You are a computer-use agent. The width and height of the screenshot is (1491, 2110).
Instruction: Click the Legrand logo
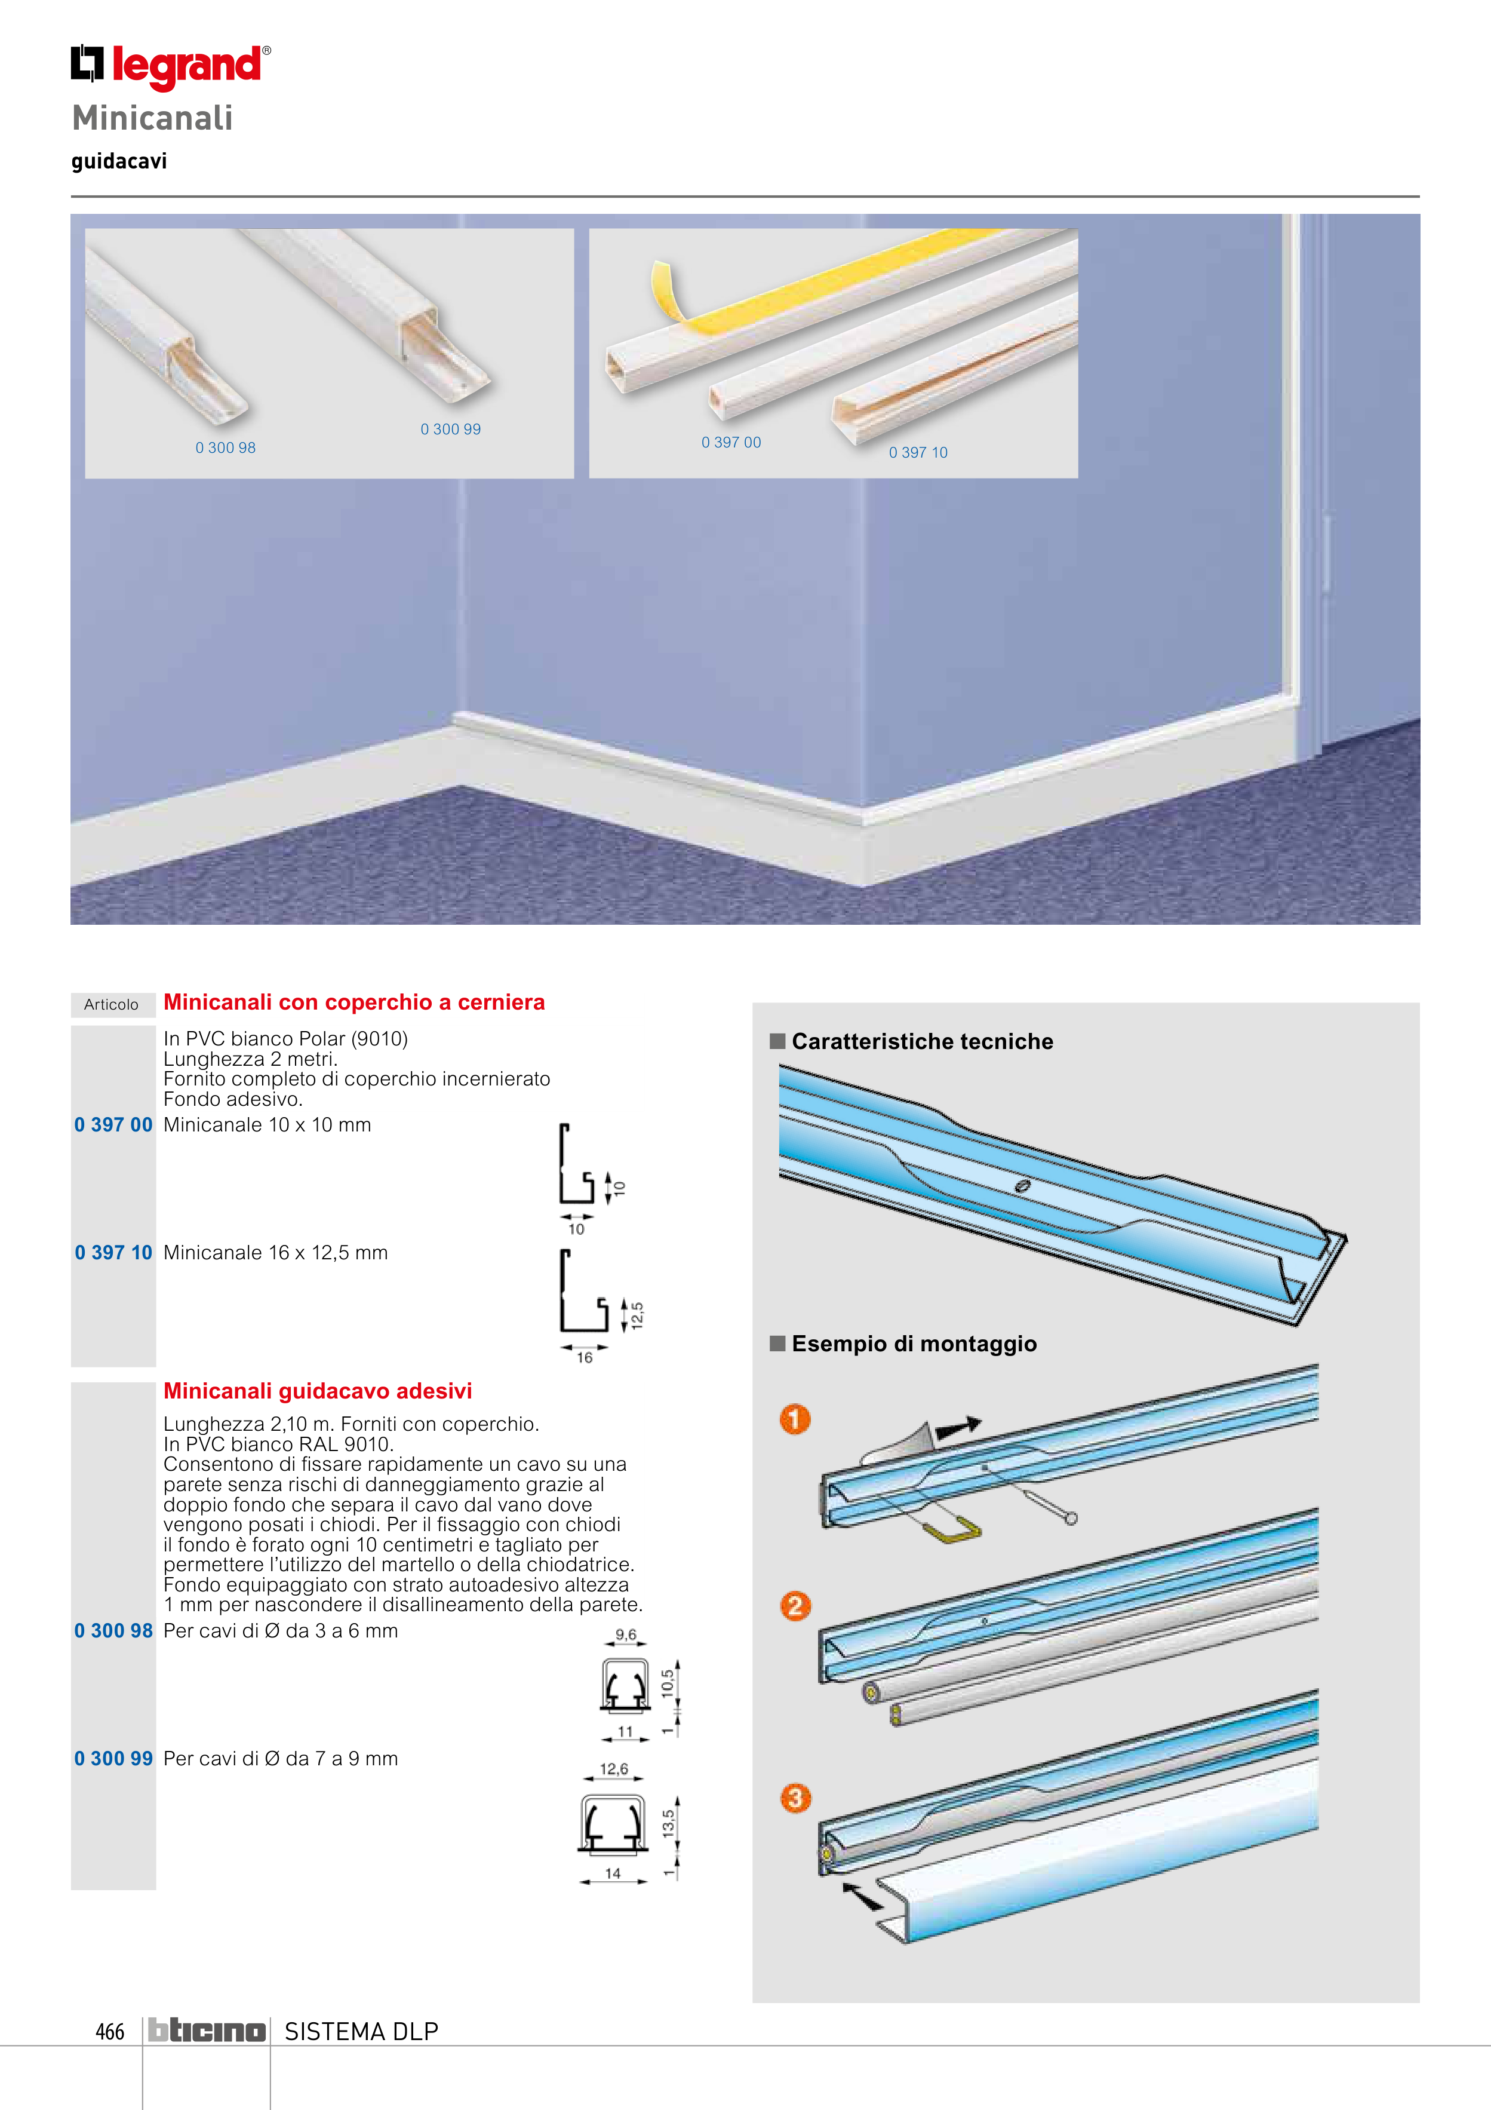pyautogui.click(x=171, y=66)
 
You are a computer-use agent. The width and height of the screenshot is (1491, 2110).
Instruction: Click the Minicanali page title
pyautogui.click(x=152, y=118)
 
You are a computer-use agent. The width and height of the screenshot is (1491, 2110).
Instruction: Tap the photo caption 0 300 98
pyautogui.click(x=225, y=447)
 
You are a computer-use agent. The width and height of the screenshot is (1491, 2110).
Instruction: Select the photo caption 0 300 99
pyautogui.click(x=450, y=429)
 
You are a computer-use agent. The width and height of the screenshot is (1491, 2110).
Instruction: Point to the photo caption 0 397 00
pyautogui.click(x=731, y=442)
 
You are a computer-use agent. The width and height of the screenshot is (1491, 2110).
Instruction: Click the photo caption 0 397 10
pyautogui.click(x=918, y=452)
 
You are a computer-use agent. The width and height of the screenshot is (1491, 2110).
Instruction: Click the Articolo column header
pyautogui.click(x=111, y=1004)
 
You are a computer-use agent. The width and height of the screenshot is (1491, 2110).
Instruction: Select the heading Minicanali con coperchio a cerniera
pyautogui.click(x=353, y=1002)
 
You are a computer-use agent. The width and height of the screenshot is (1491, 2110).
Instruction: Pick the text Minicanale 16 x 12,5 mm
pyautogui.click(x=276, y=1253)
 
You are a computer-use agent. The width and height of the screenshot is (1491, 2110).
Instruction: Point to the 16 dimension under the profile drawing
pyautogui.click(x=584, y=1357)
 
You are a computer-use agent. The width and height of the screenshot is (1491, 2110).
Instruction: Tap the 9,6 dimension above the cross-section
pyautogui.click(x=626, y=1635)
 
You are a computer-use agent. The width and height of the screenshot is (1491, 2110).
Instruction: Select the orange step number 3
pyautogui.click(x=795, y=1798)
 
